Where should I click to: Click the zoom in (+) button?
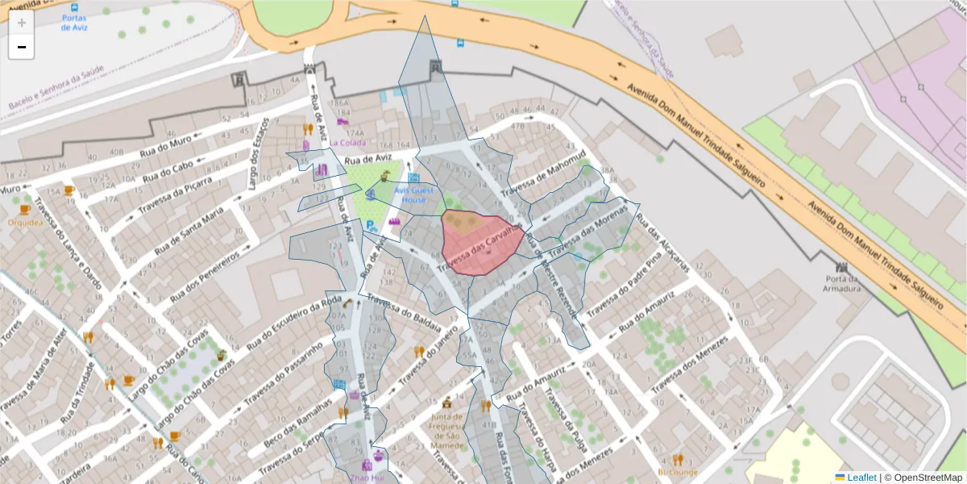(x=22, y=23)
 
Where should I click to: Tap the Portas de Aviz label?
(x=74, y=22)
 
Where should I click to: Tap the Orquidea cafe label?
(x=24, y=221)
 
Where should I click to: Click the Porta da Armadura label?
(x=844, y=285)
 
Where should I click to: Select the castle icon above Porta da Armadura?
(x=844, y=266)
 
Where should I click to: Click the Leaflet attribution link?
(x=860, y=477)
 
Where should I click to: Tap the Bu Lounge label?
(x=677, y=471)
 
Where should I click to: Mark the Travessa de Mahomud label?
(x=543, y=174)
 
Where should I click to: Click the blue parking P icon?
(x=370, y=225)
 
